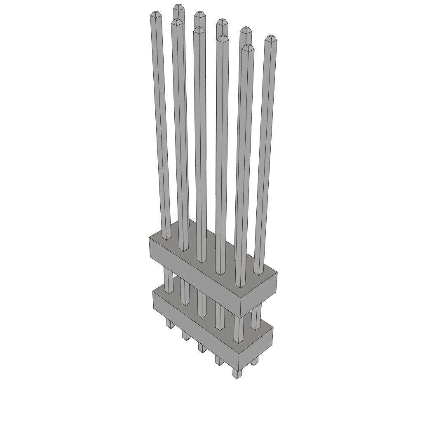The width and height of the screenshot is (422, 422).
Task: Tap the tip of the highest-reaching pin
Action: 178,7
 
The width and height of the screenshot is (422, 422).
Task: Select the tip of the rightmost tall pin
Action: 270,38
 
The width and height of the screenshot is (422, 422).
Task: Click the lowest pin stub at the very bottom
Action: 237,373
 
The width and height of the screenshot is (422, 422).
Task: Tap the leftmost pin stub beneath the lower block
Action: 170,323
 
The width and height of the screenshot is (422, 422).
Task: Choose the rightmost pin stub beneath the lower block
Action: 254,361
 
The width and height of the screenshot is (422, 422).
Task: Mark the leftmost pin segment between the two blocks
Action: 168,280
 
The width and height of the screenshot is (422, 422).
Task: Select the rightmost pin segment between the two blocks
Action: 256,317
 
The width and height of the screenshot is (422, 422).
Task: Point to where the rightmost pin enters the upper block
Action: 258,272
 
